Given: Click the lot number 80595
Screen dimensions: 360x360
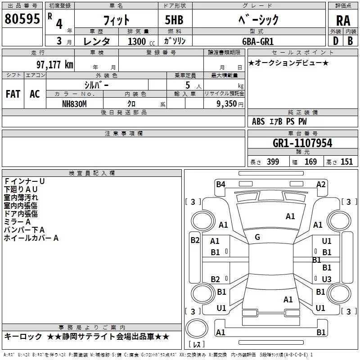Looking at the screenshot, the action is (x=22, y=19).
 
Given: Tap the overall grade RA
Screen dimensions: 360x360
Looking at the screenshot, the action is (x=343, y=21).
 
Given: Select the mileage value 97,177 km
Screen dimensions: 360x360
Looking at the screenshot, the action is (x=55, y=65).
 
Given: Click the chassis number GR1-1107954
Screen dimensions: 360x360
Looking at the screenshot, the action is (x=302, y=143).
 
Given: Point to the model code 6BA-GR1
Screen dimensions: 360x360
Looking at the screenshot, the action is (x=258, y=41).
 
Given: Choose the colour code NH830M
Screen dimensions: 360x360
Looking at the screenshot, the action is (x=74, y=104).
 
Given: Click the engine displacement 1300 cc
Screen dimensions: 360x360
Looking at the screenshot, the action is (x=141, y=41).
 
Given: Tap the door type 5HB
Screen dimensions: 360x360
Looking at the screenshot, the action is (x=174, y=20).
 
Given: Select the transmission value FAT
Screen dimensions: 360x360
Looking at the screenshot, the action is (x=13, y=94).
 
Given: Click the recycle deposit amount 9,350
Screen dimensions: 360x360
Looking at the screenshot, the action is (x=227, y=103).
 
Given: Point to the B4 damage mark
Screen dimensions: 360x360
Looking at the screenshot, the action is (x=220, y=184).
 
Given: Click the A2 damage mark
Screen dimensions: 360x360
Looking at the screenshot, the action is (x=321, y=184).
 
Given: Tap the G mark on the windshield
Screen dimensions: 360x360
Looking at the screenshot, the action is (x=257, y=237).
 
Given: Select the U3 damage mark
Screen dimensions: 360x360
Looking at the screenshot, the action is (x=327, y=279).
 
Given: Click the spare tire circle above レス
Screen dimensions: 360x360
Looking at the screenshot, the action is (x=197, y=328).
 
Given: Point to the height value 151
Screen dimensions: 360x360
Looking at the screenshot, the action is (x=346, y=162).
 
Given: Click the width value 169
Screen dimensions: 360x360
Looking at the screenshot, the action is (x=310, y=162).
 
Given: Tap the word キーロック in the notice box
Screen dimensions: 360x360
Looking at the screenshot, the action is (x=23, y=337).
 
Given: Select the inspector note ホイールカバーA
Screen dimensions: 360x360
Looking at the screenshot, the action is (x=31, y=238).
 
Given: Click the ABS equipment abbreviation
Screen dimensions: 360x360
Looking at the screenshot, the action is (x=258, y=121).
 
